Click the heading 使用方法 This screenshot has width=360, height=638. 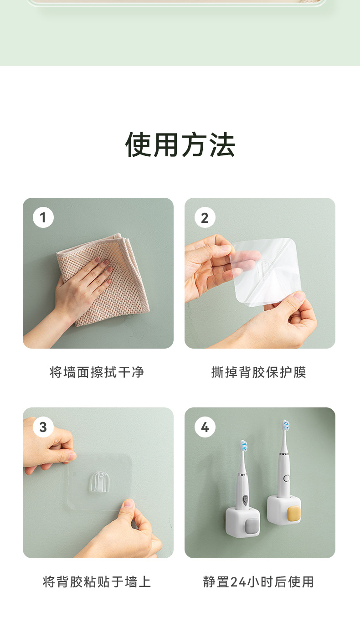[180, 144]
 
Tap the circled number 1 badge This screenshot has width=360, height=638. [43, 218]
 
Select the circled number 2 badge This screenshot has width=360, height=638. [205, 218]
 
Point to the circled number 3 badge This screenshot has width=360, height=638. [43, 427]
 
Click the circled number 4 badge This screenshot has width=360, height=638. [205, 427]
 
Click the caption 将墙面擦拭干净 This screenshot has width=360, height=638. [97, 372]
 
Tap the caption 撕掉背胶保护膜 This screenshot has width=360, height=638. [259, 372]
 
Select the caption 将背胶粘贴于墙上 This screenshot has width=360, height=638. [97, 582]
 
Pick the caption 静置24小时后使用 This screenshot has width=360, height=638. [259, 582]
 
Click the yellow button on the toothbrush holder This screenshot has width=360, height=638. [293, 514]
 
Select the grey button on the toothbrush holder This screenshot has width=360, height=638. [252, 527]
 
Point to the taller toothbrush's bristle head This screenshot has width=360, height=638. [286, 426]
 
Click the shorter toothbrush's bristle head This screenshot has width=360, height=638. [244, 447]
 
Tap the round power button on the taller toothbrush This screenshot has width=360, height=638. [287, 478]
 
